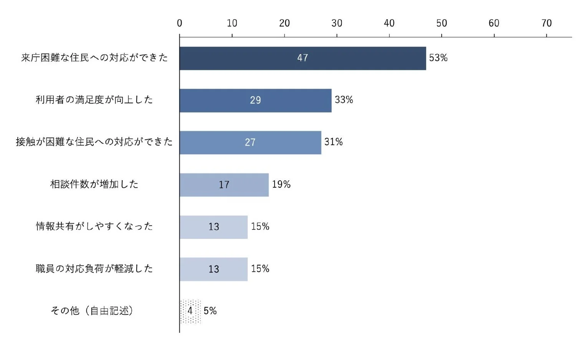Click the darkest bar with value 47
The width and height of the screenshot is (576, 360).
pos(303,58)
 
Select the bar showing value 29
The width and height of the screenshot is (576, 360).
pos(255,101)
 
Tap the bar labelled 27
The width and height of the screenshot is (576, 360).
pos(250,143)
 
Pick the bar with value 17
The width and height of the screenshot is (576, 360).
pos(224,185)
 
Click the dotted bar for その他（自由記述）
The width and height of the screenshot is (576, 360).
pos(190,311)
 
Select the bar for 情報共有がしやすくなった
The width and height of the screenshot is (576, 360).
pos(214,227)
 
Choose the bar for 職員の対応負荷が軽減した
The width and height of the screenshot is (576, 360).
pos(214,269)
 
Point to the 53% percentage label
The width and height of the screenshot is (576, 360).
pos(438,58)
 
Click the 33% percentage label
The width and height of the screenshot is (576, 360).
pos(344,100)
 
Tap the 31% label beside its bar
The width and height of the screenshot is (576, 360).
pos(333,142)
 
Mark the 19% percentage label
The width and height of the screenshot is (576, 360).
pos(281,184)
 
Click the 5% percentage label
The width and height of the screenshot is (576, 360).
pos(210,311)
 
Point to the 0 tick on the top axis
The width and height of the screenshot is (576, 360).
pos(179,23)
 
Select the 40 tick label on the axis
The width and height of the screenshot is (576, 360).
pos(389,23)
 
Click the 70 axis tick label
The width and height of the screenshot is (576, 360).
pos(546,23)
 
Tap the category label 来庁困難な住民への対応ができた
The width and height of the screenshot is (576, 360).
pos(94,58)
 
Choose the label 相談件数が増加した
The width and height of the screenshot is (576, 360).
pos(94,184)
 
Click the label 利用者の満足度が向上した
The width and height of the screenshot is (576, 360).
pos(94,100)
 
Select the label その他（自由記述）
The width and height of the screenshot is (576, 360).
pos(92,311)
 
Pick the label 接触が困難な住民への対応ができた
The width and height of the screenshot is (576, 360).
pos(94,142)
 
